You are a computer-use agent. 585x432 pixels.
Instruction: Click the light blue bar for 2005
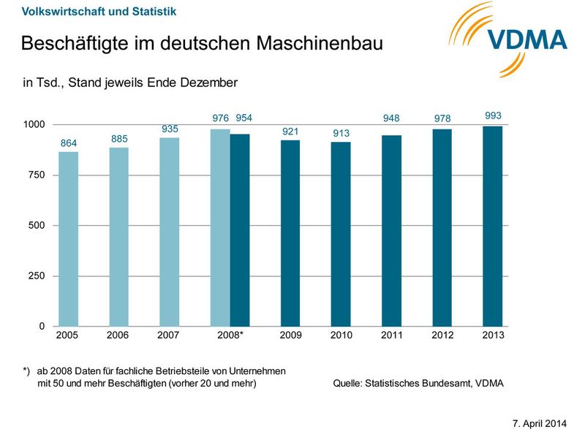(68, 238)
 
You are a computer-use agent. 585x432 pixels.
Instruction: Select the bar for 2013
(492, 226)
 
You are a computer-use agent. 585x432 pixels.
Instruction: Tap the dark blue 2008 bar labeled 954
(240, 230)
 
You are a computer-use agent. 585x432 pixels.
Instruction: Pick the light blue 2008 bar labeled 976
(219, 227)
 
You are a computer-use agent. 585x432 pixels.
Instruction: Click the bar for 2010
(341, 234)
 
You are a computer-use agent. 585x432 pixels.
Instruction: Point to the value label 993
(493, 115)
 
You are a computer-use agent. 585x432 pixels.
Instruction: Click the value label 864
(68, 142)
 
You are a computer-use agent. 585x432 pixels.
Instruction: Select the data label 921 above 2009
(290, 131)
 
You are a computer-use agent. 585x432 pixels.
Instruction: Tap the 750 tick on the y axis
(36, 175)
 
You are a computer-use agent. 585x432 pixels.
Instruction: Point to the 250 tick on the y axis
(36, 276)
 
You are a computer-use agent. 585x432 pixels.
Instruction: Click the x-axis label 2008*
(230, 335)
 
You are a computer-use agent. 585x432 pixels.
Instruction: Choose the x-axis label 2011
(391, 335)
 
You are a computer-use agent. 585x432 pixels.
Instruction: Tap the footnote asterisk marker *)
(27, 371)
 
